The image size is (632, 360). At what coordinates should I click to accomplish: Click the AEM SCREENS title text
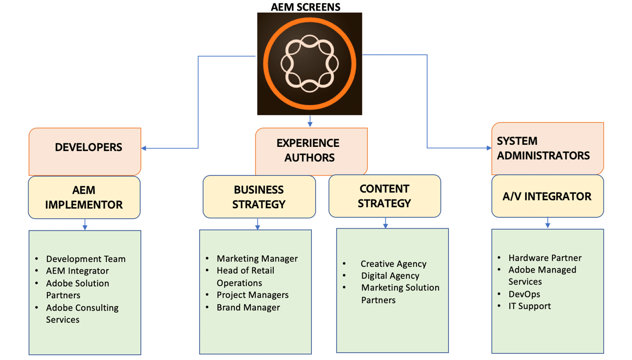pos(305,7)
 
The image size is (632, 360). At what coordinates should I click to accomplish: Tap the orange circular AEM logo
pos(309,63)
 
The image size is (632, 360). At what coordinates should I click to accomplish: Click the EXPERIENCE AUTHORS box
pos(311,151)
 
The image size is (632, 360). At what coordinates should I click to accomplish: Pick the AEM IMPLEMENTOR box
pos(84,197)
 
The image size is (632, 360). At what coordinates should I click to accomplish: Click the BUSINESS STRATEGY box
pos(259,197)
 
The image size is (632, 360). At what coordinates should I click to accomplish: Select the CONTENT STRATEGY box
pos(384,196)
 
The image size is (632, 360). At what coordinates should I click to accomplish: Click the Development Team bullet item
pos(85,259)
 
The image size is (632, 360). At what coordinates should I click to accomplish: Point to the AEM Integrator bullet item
pos(77,271)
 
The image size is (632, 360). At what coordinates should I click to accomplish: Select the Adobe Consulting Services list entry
pos(82,314)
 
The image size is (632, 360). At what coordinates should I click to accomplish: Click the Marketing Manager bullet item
pos(257,258)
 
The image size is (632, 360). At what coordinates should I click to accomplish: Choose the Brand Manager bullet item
pos(248,307)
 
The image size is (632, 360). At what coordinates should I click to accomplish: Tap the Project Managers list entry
pos(252,295)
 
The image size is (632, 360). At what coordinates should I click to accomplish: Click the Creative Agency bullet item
pos(393,264)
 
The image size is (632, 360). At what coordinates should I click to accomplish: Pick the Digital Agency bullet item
pos(390,276)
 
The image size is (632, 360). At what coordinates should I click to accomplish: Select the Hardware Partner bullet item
pos(545,258)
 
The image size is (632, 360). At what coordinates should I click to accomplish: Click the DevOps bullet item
pos(524,294)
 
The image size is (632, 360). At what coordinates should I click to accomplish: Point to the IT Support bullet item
pos(529,306)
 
